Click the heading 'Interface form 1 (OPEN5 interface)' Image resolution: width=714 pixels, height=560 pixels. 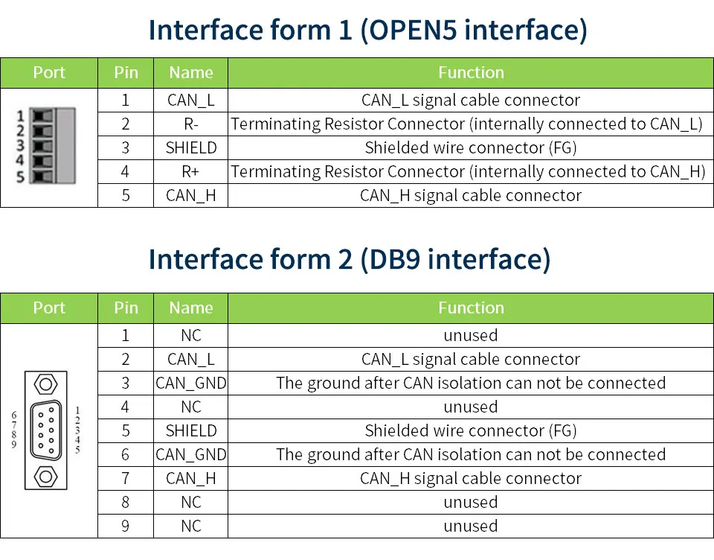(x=367, y=30)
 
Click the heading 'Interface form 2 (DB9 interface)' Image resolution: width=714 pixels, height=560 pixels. (x=350, y=259)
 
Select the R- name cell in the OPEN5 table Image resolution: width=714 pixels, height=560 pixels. (x=190, y=124)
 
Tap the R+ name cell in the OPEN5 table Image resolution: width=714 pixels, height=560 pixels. (x=190, y=171)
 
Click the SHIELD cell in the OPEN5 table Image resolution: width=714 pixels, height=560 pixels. (x=190, y=147)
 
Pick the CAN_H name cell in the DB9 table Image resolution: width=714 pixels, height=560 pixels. (x=190, y=478)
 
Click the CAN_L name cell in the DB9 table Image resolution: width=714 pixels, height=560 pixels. (x=190, y=359)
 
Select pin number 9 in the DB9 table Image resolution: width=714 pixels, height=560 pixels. (x=125, y=526)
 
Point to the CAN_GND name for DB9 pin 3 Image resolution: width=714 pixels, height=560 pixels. (x=190, y=383)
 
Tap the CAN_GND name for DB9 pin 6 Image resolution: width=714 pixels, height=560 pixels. (x=190, y=454)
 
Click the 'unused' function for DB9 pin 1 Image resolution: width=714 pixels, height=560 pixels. (x=470, y=335)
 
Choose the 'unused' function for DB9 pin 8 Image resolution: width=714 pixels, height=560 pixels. (x=470, y=502)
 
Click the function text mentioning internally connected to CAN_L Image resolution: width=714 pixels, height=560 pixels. (x=466, y=124)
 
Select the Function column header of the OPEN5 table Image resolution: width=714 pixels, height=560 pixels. (x=470, y=72)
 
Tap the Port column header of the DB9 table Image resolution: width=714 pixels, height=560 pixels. (x=49, y=308)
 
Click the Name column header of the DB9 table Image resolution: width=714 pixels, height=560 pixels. (x=190, y=308)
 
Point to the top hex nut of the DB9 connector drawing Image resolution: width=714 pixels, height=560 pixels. (x=46, y=385)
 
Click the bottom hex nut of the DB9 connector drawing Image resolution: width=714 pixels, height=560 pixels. (x=46, y=476)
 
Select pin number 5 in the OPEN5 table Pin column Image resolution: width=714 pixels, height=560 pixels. (x=125, y=195)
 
